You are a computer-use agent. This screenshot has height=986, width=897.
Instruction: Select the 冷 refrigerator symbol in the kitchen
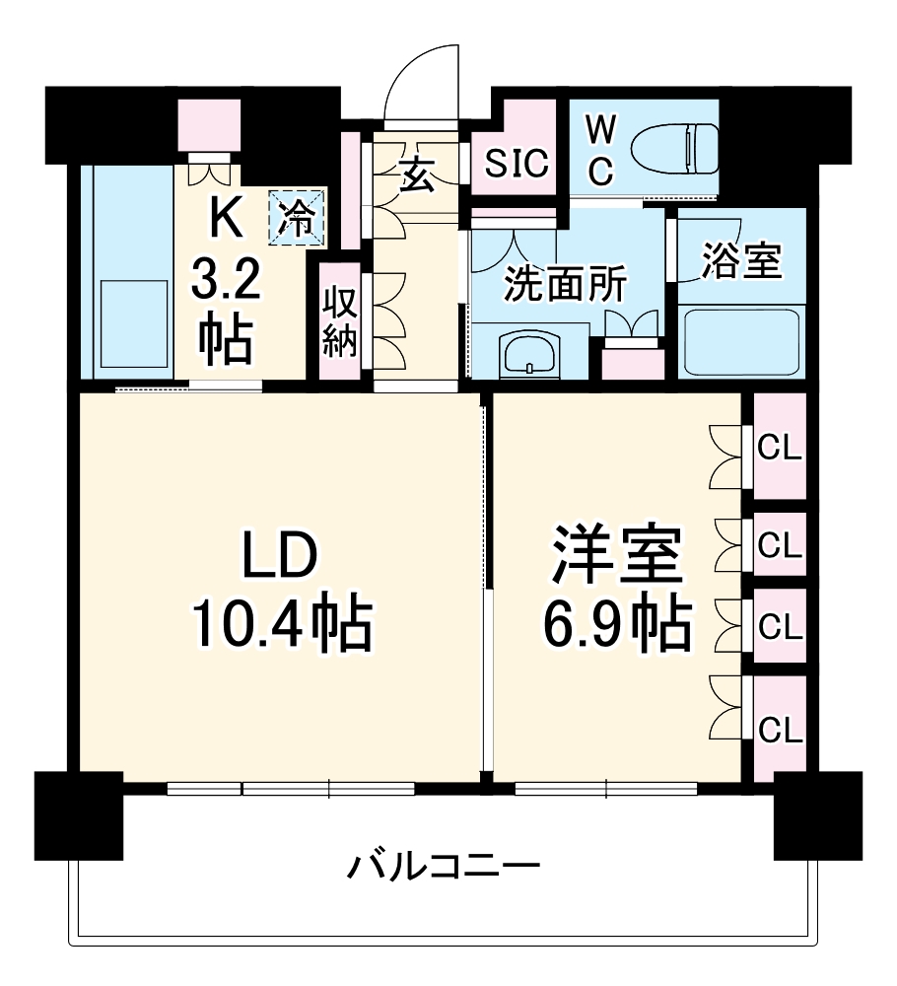coord(297,216)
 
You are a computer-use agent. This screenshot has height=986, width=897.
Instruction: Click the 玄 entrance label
coord(416,176)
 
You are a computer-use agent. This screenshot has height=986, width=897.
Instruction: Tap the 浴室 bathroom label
coord(741,263)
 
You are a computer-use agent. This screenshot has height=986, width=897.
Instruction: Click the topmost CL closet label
coord(781,450)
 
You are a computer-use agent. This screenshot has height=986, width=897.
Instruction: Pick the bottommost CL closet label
coord(781,731)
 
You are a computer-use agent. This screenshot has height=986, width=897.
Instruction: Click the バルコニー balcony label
coord(444,868)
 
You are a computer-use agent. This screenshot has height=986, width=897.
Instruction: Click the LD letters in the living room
coord(281,558)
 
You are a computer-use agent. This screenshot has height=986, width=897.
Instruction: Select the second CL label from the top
coord(781,543)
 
